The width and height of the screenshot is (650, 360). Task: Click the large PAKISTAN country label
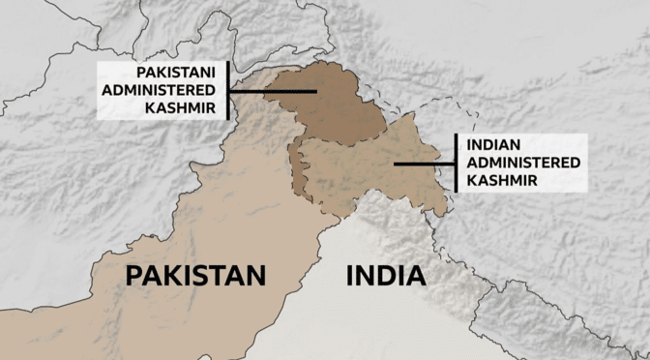coord(195,276)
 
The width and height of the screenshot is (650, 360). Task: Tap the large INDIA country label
coord(385,276)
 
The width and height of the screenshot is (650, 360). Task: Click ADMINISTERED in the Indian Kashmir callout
coord(523,163)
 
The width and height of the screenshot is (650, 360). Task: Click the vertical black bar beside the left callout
coord(227,91)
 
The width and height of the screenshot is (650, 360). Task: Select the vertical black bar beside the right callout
coord(455,163)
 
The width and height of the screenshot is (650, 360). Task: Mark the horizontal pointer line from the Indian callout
coord(423,164)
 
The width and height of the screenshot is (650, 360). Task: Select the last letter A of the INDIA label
coord(416,276)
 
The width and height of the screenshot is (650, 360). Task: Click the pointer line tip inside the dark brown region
coord(315,92)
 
